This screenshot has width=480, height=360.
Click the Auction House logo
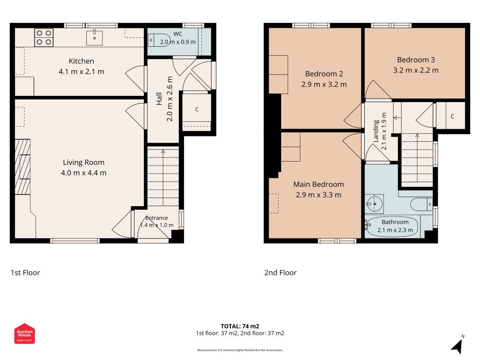pos(24,333)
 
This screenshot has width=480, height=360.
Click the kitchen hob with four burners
pos(44,37)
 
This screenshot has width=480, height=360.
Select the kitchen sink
pos(94,37)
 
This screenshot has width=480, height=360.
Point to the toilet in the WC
pos(159,40)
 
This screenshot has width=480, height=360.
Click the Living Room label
pos(84,162)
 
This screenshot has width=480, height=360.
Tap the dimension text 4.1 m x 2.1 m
pos(81,72)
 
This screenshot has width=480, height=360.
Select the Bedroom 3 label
pos(416,60)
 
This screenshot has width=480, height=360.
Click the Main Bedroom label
pos(319,184)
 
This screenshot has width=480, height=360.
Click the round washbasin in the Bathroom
pos(374,204)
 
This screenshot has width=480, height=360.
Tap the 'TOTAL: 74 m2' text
pos(240,326)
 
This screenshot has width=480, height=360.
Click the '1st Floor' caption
pos(25,273)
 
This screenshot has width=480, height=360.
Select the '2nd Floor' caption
pos(280,273)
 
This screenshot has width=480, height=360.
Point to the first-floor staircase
pos(163,176)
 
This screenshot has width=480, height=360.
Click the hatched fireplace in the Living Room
pos(22,167)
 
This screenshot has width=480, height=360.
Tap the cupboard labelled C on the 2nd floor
pos(451,116)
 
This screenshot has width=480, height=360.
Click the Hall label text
pos(159,99)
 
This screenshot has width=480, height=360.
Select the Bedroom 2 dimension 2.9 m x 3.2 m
pos(324,85)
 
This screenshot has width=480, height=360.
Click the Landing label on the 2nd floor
pos(376,131)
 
